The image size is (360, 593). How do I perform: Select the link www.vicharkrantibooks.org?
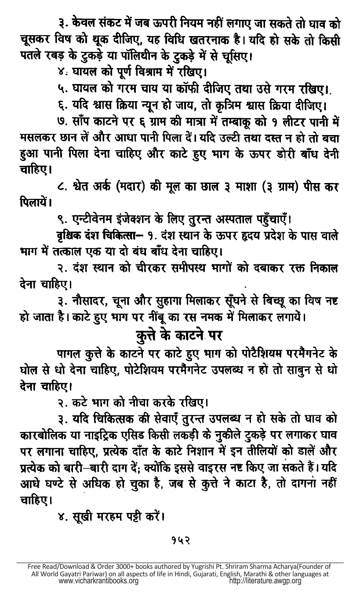[98, 581]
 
